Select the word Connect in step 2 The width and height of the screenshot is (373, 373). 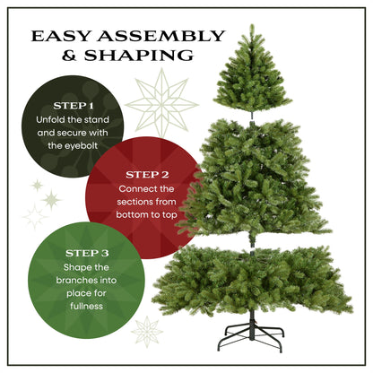[134, 190]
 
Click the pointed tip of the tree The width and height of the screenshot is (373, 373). [250, 29]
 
